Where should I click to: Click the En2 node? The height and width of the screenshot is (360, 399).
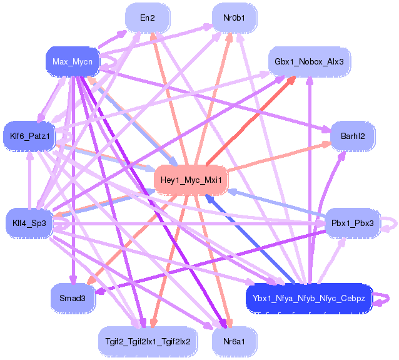(x=148, y=18)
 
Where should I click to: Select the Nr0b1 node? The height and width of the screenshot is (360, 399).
(x=235, y=18)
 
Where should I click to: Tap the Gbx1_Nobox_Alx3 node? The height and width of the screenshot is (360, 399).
(x=309, y=61)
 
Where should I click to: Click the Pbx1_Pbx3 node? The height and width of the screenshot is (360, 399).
(x=353, y=223)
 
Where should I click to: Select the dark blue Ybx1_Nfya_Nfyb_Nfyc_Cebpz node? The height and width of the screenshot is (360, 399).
(x=309, y=297)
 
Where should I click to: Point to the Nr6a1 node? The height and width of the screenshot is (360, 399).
(x=235, y=341)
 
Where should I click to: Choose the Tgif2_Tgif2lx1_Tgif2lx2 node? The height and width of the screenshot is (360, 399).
(x=148, y=341)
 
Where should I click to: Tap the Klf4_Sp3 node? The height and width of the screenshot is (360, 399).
(x=29, y=223)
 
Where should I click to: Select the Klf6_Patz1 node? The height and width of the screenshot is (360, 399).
(x=29, y=135)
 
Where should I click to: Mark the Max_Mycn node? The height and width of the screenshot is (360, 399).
(x=73, y=61)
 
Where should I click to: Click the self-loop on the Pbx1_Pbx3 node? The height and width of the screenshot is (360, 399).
(x=390, y=223)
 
